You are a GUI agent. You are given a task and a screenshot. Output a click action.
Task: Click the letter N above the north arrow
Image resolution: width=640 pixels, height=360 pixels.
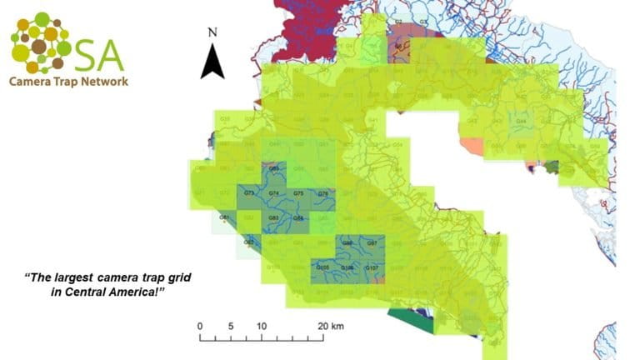[x=213, y=32]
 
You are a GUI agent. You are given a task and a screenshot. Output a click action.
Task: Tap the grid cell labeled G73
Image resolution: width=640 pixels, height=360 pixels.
[x=249, y=193]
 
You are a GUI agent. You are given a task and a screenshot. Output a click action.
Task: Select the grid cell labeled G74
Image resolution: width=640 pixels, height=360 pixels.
[x=274, y=193]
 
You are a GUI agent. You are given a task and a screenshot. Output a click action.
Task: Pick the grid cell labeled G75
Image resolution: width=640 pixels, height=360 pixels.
[x=298, y=193]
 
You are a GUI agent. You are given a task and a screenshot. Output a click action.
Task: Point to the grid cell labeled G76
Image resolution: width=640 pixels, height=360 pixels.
[x=322, y=193]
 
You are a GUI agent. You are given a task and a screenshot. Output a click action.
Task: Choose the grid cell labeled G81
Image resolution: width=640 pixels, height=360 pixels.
[x=224, y=217]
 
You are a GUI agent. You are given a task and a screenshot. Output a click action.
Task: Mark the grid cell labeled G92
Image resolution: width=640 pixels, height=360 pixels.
[x=248, y=242]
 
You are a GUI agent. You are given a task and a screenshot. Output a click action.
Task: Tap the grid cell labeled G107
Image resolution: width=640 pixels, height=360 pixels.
[x=372, y=267]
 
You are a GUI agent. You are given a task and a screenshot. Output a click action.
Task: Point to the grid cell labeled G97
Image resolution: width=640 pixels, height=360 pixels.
[x=372, y=242]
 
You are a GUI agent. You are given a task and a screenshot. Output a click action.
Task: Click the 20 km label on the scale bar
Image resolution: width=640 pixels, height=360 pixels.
[x=330, y=326]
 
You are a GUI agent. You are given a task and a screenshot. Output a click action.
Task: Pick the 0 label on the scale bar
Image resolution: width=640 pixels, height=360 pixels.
[x=200, y=326]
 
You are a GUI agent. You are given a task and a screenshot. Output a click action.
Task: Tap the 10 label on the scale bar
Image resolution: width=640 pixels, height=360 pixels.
[x=261, y=326]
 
